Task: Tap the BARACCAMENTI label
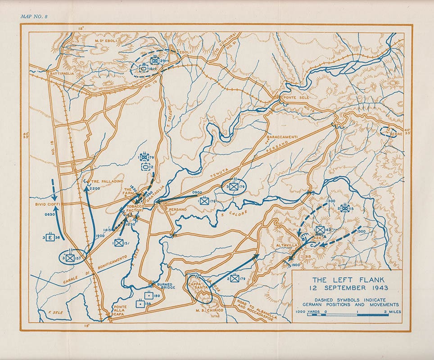point(281,135)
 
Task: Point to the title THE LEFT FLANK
point(346,279)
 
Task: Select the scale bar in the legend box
point(348,315)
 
